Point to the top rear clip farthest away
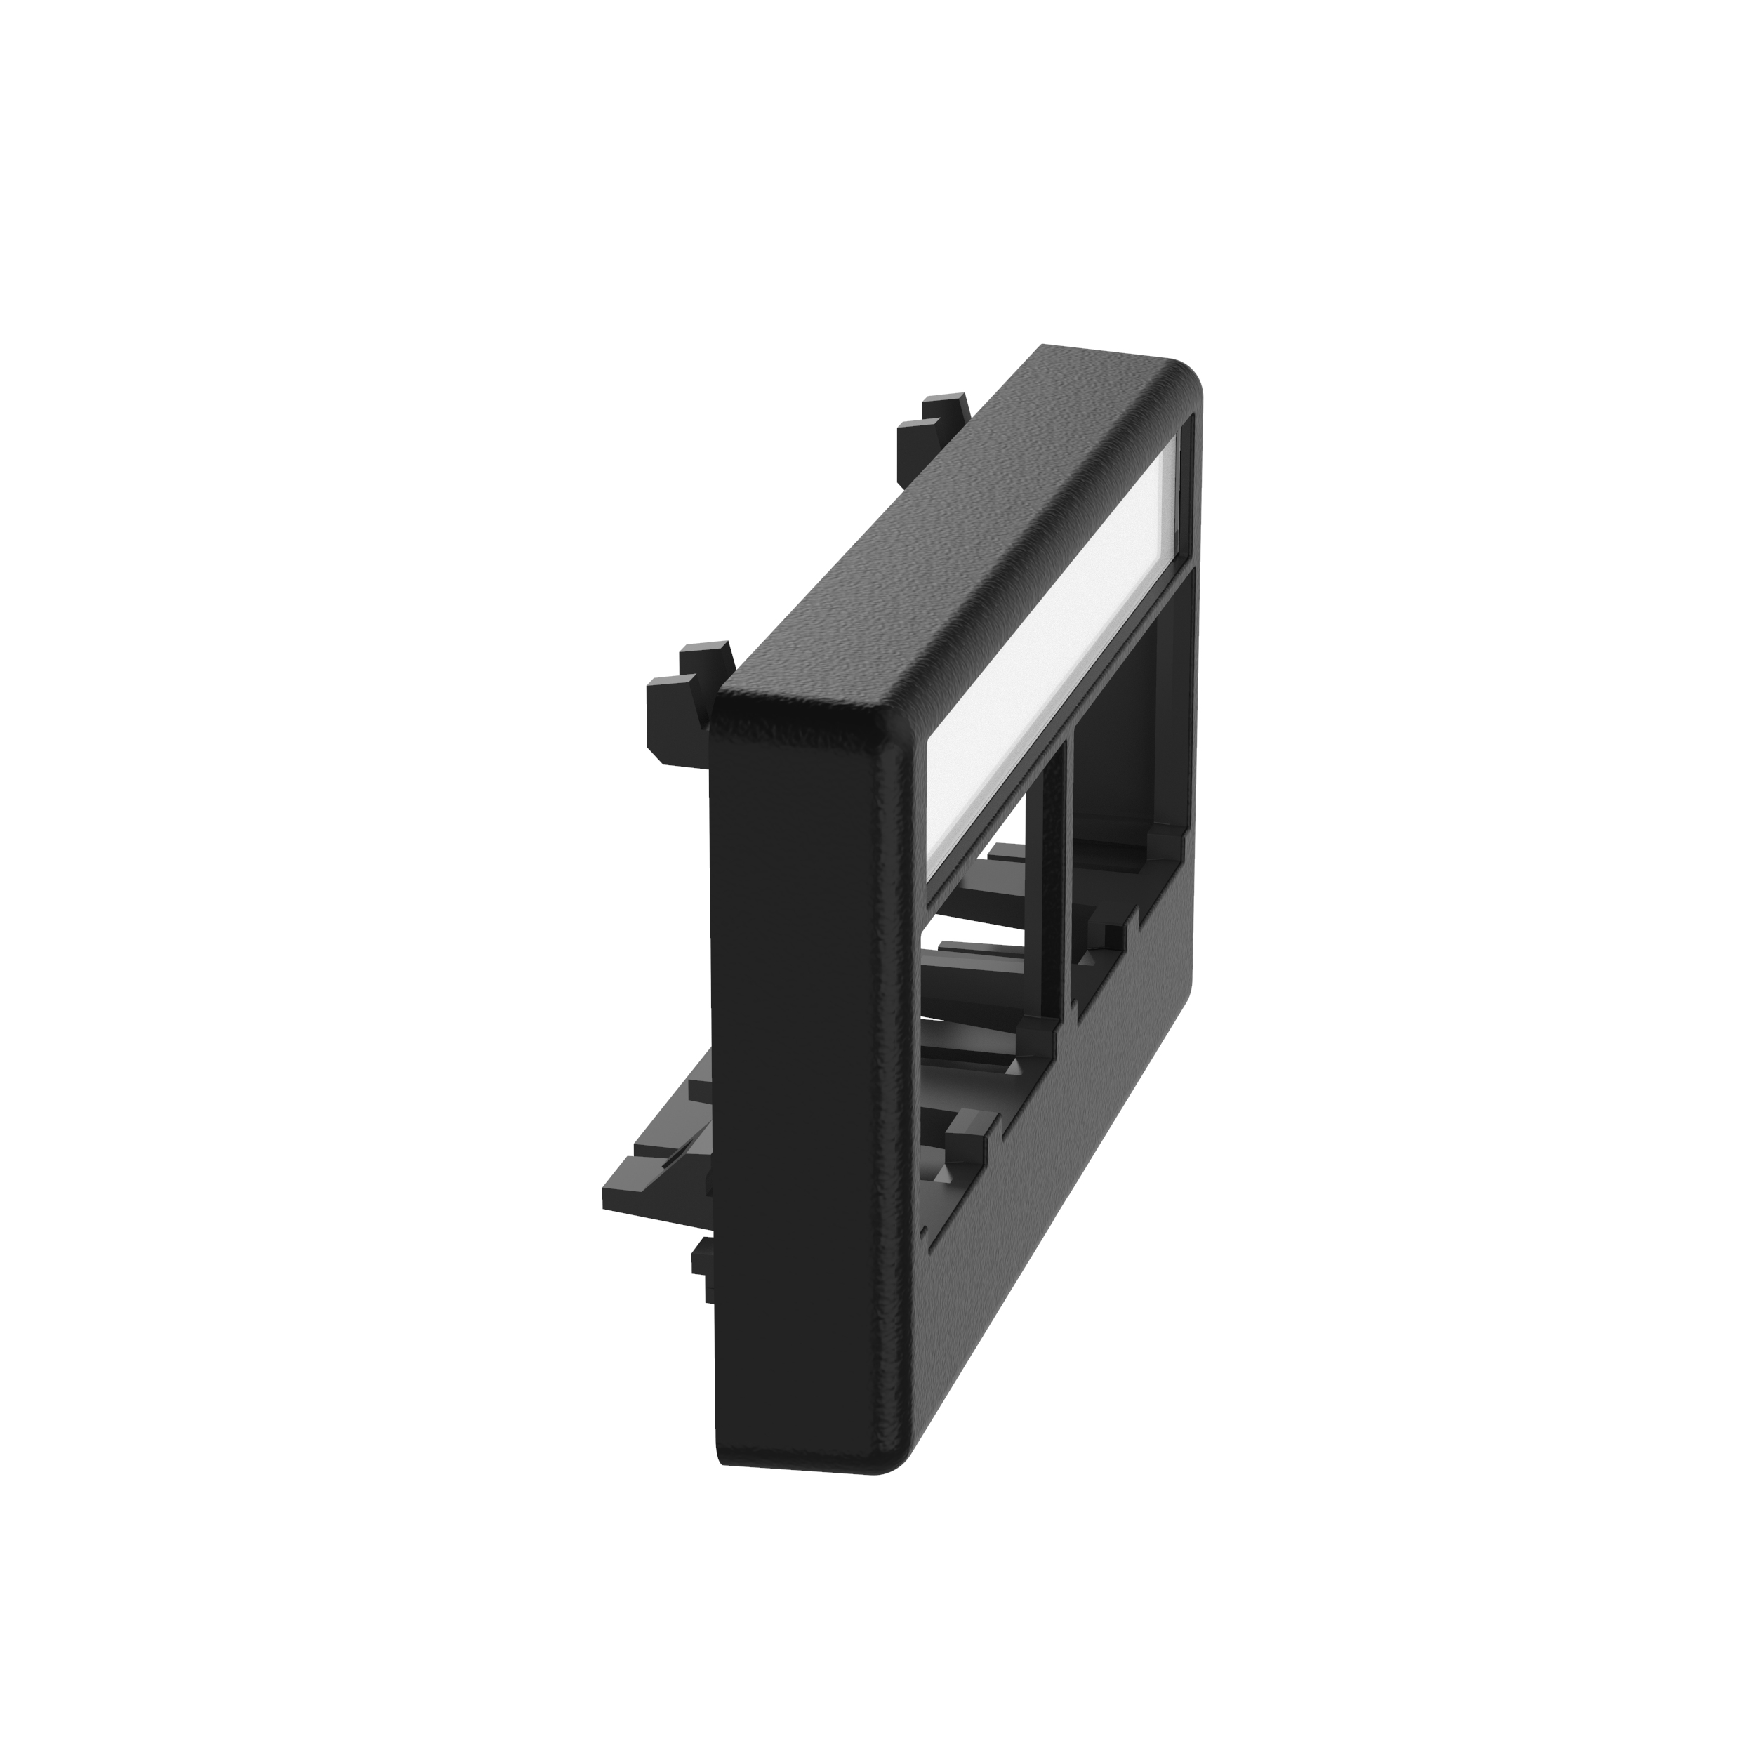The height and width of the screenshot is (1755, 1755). [x=936, y=427]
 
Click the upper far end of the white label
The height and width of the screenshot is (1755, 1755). [x=1172, y=445]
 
